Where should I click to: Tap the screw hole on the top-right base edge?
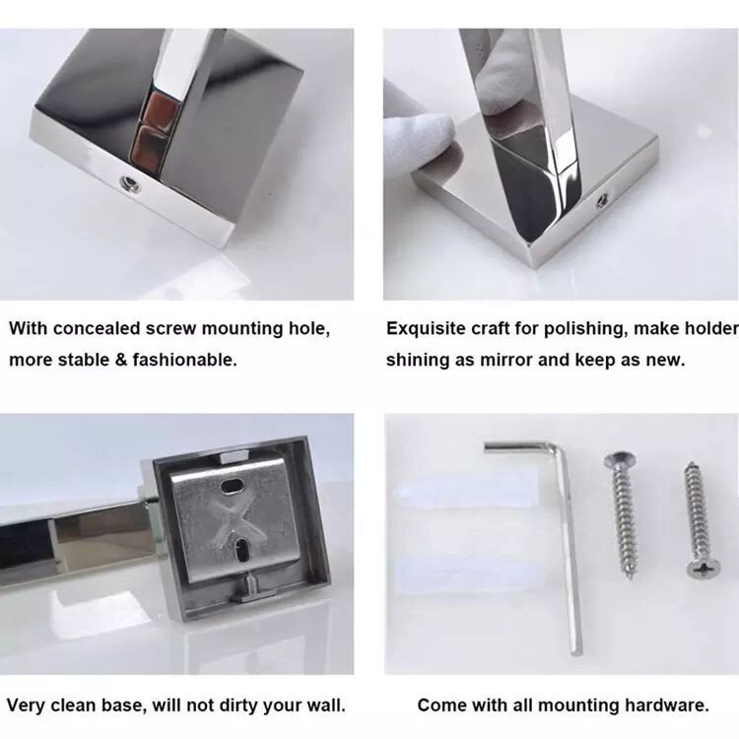click(x=601, y=202)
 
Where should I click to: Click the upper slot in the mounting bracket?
click(x=232, y=487)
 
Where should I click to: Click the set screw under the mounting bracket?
click(x=249, y=585)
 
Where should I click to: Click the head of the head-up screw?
click(x=619, y=460)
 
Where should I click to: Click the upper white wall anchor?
click(x=464, y=492)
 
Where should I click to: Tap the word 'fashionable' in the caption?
click(x=184, y=360)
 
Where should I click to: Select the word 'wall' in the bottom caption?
click(x=326, y=705)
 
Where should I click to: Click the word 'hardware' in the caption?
click(x=667, y=705)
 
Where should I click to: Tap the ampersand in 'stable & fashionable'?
click(x=121, y=360)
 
